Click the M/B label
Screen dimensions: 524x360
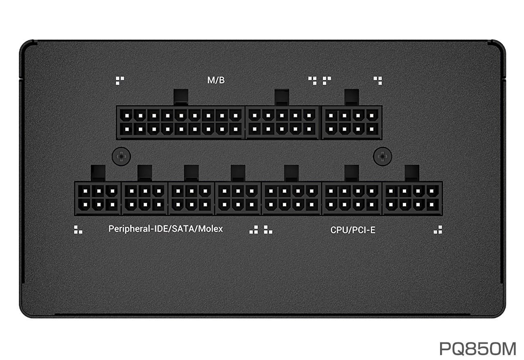coord(216,80)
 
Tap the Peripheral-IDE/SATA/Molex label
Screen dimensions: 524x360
coord(166,229)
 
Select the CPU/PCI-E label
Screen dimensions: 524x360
coord(353,230)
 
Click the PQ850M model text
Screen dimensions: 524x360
coord(478,349)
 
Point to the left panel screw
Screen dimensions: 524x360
coord(121,156)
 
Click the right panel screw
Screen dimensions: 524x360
coord(382,156)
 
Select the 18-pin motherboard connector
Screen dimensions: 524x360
coord(181,122)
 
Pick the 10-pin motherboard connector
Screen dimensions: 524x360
coord(282,122)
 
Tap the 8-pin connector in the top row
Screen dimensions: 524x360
coord(352,122)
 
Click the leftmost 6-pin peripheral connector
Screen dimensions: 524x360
coord(98,198)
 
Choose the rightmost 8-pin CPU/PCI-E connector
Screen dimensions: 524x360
coord(412,198)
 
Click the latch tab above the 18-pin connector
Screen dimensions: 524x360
coord(181,97)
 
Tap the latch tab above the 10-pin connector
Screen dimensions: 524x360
coord(282,97)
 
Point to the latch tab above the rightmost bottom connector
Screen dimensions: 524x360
coord(412,173)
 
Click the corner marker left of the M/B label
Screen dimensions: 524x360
coord(120,81)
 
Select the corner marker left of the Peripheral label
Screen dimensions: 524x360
coord(78,229)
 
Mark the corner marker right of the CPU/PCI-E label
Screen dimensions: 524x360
coord(438,229)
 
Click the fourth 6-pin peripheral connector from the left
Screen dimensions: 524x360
coord(238,198)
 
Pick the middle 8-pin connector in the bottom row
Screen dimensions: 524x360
coord(352,198)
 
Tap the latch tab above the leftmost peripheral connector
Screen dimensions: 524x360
coord(98,173)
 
